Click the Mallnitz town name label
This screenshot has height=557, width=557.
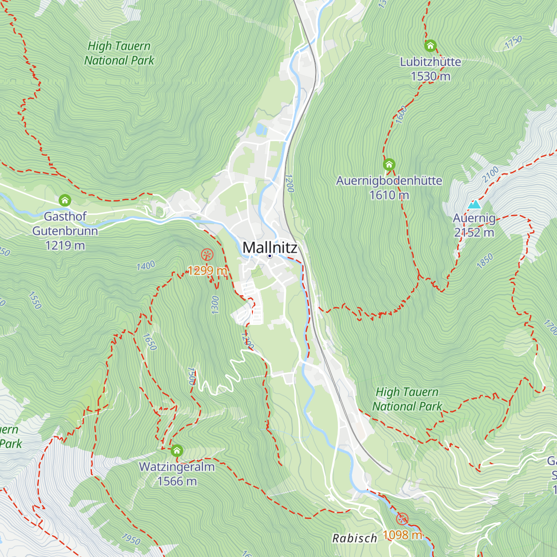click(x=270, y=247)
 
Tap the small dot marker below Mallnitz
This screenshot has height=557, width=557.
click(x=270, y=256)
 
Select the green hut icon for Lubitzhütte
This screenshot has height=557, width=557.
click(x=430, y=46)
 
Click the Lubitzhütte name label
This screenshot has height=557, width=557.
click(x=430, y=62)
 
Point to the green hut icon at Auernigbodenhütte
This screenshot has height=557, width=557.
click(x=389, y=165)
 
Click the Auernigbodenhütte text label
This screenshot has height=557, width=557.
click(x=389, y=181)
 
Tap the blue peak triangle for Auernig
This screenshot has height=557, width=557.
click(x=474, y=204)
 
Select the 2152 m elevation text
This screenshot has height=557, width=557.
click(x=474, y=233)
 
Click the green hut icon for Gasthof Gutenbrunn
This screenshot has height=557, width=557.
click(x=65, y=201)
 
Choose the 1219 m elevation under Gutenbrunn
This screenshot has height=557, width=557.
click(x=65, y=245)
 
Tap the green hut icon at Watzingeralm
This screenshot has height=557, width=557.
click(x=177, y=451)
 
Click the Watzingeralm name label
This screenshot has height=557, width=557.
click(x=177, y=466)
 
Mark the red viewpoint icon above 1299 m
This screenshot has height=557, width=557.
click(x=207, y=254)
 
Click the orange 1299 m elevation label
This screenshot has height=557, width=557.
click(x=207, y=270)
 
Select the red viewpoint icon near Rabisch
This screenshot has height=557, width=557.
click(x=402, y=519)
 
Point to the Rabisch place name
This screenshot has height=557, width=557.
click(x=355, y=538)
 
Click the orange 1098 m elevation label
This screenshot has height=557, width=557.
click(x=402, y=535)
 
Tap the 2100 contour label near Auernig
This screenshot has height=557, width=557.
click(x=490, y=174)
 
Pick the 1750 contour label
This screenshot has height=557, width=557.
click(x=513, y=42)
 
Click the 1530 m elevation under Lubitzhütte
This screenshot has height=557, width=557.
click(x=430, y=76)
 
